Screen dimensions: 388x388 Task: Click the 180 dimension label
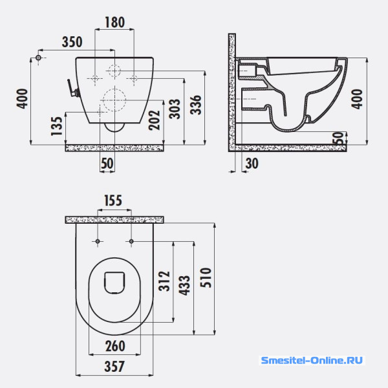[115, 22]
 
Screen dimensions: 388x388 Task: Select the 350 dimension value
[72, 42]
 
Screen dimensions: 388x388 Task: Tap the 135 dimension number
[57, 126]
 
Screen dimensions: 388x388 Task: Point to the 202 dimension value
[154, 120]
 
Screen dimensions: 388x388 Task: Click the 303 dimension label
[175, 109]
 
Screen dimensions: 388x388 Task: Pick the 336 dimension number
[196, 105]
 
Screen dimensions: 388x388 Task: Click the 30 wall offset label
[252, 164]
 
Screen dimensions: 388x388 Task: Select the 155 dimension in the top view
[113, 200]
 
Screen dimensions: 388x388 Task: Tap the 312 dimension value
[164, 281]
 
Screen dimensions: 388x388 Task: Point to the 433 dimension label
[184, 285]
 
